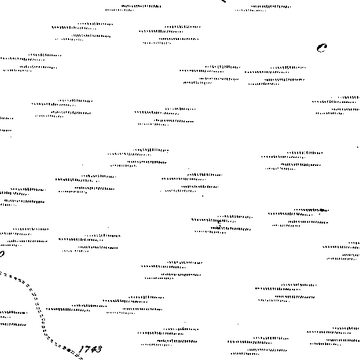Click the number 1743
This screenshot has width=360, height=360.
pos(90,349)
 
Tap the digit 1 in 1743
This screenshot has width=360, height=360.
pos(81,349)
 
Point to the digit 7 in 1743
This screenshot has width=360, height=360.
pos(87,349)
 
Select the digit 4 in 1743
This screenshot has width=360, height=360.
pos(93,349)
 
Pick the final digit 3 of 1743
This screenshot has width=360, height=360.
pos(99,349)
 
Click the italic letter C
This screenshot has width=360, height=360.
pos(322,48)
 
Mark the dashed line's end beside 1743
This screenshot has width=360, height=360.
pos(81,358)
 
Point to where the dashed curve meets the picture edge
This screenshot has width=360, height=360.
pos(1,273)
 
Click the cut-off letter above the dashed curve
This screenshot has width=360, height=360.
pos(2,254)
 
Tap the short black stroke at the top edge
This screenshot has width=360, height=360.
pos(223,1)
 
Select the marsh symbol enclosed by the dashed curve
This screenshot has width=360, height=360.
pos(13,318)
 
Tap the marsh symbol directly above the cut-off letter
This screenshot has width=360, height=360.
pos(24,237)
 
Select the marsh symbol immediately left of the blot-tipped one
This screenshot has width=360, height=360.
pos(222,225)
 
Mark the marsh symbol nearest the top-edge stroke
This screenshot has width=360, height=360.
pos(263,8)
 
